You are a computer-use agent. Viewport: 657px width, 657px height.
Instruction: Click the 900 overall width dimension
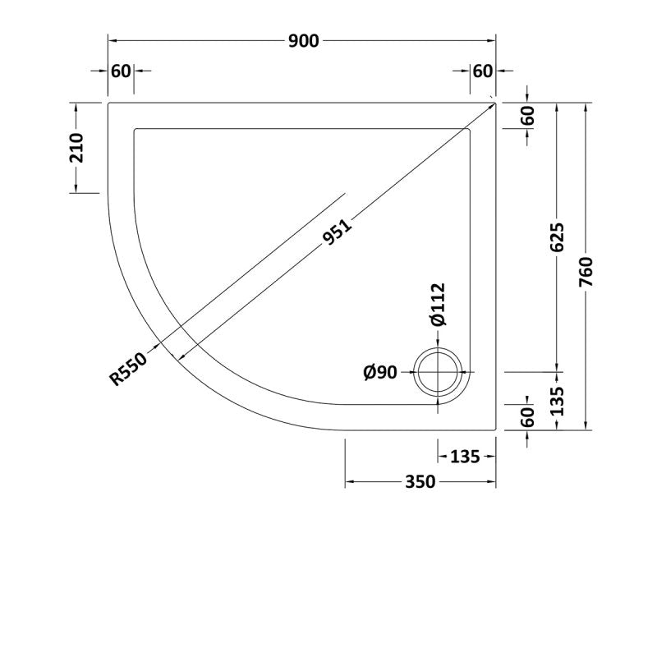pos(304,41)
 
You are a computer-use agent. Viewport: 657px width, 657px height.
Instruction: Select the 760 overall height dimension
pos(586,272)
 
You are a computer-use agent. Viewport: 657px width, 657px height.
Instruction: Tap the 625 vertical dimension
pos(557,237)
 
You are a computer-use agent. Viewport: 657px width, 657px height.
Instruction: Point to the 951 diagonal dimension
pos(338,232)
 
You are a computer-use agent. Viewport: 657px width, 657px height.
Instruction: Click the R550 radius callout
pos(128,369)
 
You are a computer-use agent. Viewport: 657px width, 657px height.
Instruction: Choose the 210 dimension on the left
pos(76,148)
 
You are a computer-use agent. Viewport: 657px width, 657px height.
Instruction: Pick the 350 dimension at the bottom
pos(420,482)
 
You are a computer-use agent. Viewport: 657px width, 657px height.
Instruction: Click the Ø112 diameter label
pos(438,305)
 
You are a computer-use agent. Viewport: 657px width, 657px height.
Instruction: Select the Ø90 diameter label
pos(380,372)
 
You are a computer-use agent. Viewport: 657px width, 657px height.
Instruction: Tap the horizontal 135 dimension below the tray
pos(465,457)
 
